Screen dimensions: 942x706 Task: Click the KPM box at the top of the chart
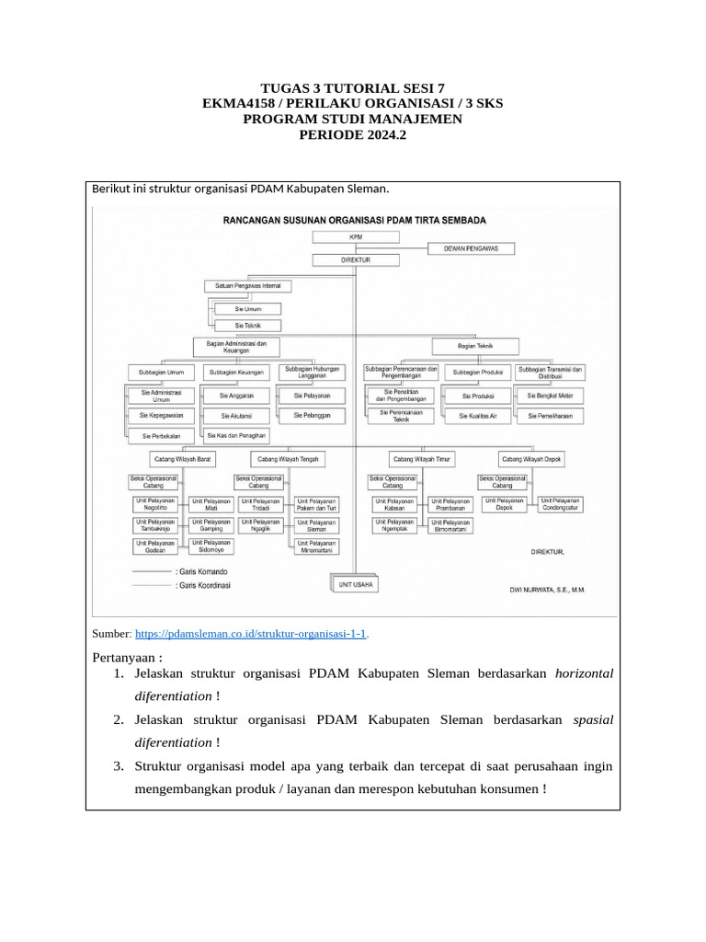click(x=356, y=236)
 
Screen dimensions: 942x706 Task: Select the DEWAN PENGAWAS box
click(x=472, y=248)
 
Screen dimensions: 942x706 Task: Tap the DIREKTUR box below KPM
click(x=356, y=260)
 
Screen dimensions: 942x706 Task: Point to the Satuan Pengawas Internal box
click(x=247, y=286)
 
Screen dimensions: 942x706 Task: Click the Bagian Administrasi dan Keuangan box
click(x=236, y=346)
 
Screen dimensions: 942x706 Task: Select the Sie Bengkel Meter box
click(x=550, y=396)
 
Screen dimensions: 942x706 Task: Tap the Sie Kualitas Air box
click(x=477, y=416)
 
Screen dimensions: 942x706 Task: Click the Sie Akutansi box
click(x=236, y=416)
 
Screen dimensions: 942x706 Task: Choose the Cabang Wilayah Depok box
click(x=531, y=458)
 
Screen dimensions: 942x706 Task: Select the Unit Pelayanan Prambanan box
click(x=450, y=505)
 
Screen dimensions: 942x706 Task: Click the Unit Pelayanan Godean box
click(x=155, y=546)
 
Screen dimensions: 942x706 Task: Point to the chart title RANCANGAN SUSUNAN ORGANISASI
click(x=355, y=221)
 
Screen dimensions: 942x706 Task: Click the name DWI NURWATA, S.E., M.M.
click(x=547, y=590)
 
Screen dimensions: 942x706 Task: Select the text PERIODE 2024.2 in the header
click(x=352, y=134)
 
